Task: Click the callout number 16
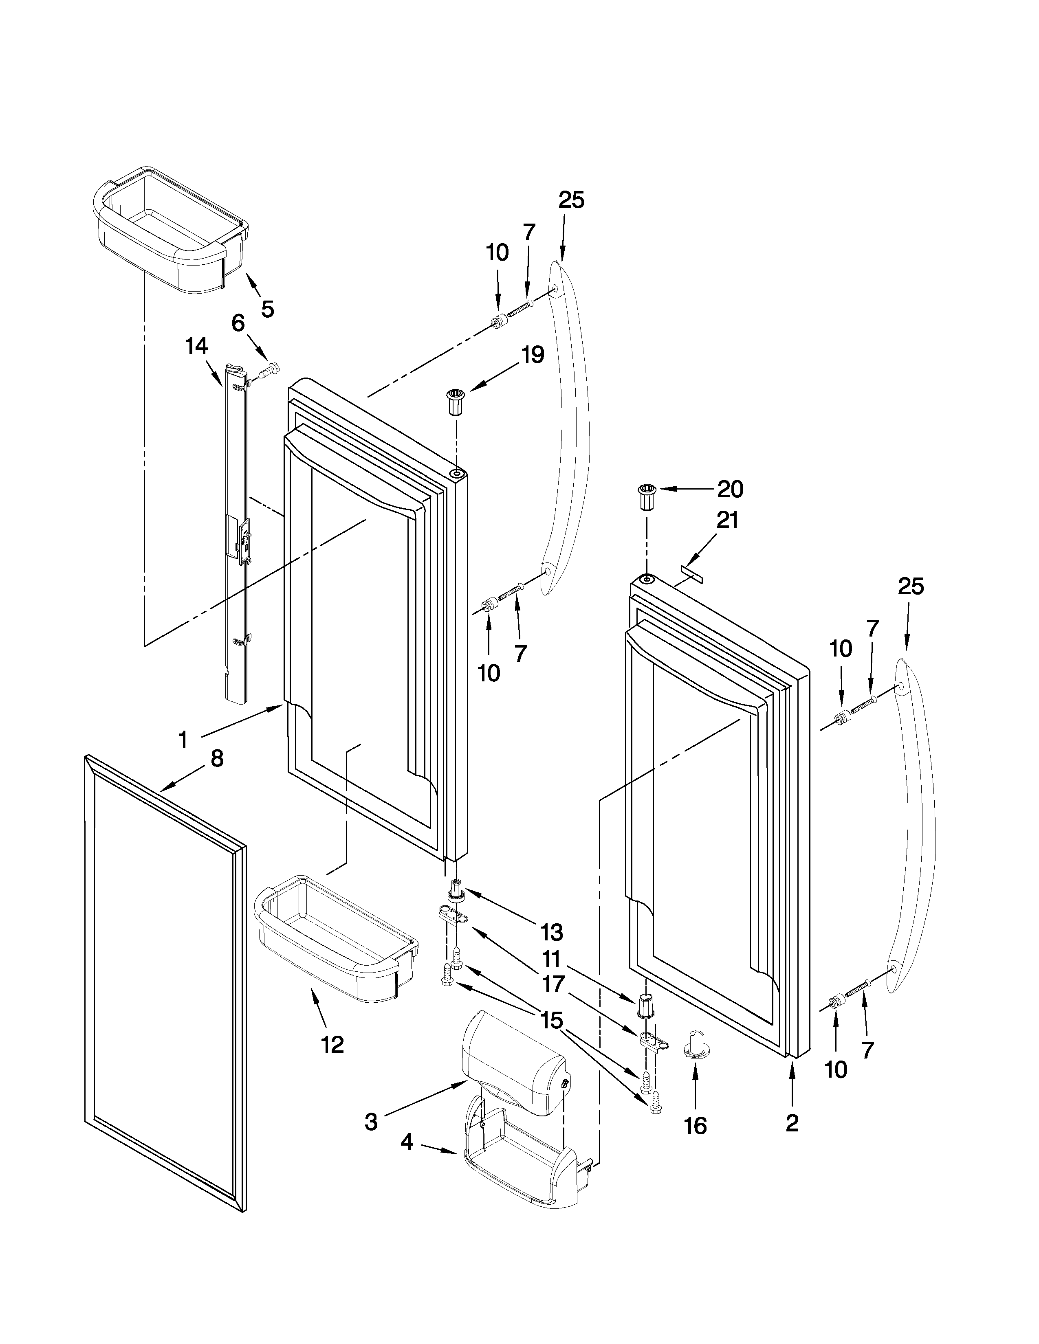pos(696,1126)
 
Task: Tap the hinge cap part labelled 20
pos(646,497)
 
